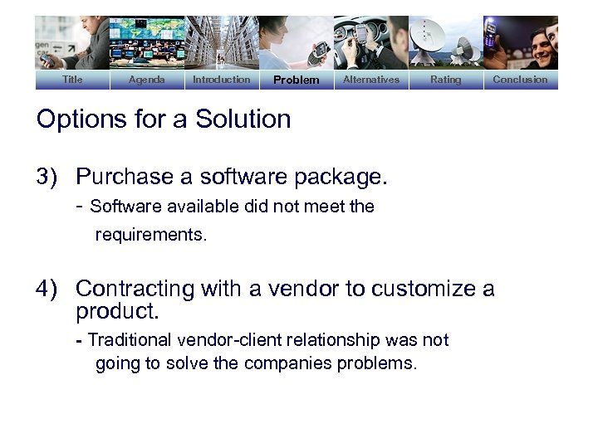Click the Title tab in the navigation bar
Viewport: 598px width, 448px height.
(72, 80)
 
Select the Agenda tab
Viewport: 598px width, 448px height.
(146, 80)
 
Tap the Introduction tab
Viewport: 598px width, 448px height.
(221, 80)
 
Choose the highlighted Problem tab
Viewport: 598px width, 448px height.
(296, 80)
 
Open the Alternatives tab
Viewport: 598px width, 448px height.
(370, 80)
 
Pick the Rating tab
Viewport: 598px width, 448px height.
(445, 80)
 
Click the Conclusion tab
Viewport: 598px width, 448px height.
(520, 80)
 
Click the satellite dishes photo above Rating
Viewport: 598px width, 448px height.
(445, 42)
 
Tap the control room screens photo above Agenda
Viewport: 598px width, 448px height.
(146, 42)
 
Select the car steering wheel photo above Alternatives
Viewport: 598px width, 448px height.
(370, 42)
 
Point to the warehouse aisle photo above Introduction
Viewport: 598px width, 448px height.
(221, 42)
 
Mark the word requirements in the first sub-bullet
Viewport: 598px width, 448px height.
(150, 235)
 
